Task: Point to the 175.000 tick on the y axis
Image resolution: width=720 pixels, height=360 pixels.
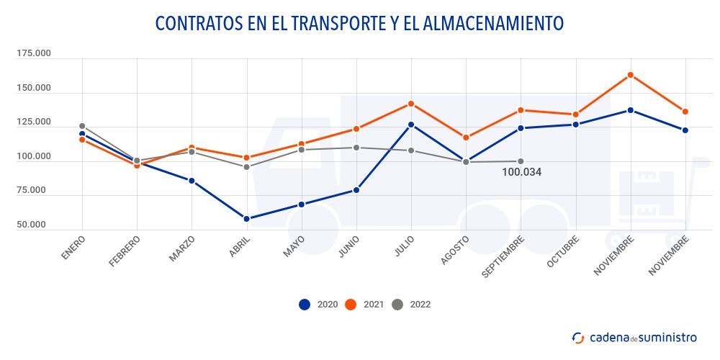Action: coord(34,54)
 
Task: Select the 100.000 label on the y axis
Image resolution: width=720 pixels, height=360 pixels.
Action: coord(34,156)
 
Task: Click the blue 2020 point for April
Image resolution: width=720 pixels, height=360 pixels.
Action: coord(246,219)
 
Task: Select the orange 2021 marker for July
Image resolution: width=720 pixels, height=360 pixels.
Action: coord(411,104)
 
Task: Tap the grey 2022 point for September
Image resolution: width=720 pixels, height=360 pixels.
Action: coord(521,161)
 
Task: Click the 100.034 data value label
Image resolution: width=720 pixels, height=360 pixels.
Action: coord(522,173)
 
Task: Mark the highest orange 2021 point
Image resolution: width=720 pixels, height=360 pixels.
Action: coord(630,75)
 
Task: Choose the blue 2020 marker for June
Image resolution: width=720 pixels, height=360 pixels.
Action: coord(356,191)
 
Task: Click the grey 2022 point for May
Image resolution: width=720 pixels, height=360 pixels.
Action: coord(301,150)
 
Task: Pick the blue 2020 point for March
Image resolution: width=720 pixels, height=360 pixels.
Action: coord(192,181)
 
